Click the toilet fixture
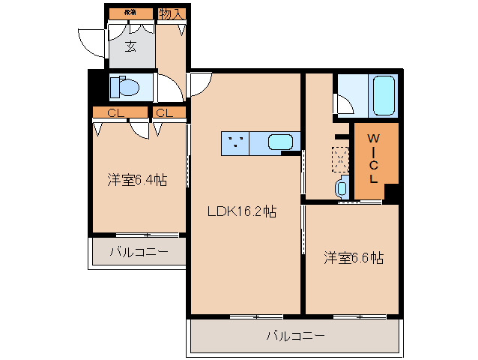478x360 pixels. pos(124,87)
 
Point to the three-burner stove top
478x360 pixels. pos(236,141)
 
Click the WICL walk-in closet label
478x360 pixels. pos(372,159)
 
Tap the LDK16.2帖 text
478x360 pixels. pos(242,212)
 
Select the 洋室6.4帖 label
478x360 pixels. pos(136,180)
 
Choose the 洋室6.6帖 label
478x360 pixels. pos(354,258)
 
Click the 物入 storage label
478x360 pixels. pos(172,13)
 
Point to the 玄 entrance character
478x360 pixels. pos(130,46)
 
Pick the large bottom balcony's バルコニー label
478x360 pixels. pos(296,336)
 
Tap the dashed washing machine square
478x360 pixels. pos(339,158)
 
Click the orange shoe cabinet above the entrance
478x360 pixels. pos(130,13)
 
